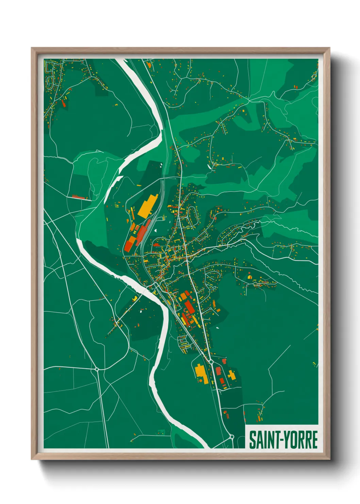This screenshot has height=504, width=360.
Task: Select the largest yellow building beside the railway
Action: [x=148, y=205]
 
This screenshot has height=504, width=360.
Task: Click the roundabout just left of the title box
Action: [x=232, y=436]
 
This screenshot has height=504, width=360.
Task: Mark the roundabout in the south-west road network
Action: [x=97, y=369]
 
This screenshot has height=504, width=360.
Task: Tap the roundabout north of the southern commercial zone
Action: [x=211, y=361]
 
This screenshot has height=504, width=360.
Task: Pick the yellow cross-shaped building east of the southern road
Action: [x=231, y=375]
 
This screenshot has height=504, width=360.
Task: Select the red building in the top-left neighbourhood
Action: [x=63, y=103]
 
